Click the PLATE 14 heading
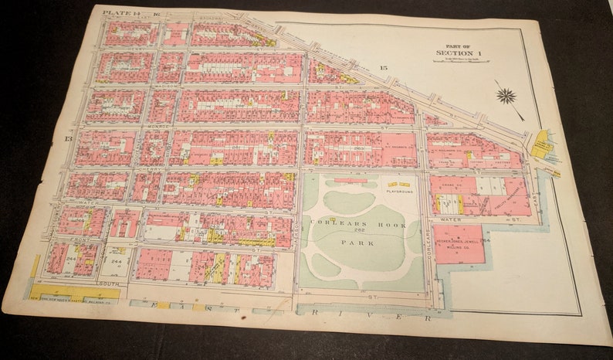[x=118, y=12]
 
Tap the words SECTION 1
[x=459, y=53]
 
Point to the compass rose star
[x=506, y=96]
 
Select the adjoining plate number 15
[x=383, y=69]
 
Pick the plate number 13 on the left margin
[x=68, y=138]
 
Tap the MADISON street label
[x=165, y=87]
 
